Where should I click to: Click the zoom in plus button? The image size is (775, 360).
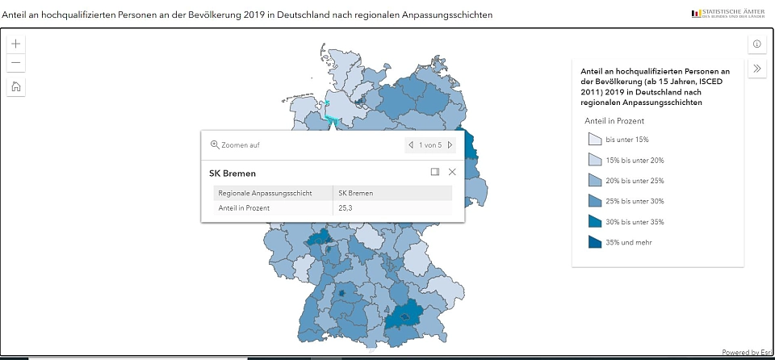point(17,44)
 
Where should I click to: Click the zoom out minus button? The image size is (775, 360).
point(17,63)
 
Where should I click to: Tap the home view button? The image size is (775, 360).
point(17,87)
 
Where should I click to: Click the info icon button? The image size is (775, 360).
point(756,44)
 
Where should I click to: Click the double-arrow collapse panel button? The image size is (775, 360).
point(756,69)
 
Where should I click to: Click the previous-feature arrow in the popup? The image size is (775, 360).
point(411,145)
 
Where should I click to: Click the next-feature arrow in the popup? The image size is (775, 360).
point(450,145)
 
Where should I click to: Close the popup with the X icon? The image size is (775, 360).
point(452,172)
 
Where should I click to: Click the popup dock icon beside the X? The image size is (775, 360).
point(434,172)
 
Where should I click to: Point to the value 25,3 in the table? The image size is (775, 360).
point(346,207)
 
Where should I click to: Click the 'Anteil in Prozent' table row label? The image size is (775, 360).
point(244,207)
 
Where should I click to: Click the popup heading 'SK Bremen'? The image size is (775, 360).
point(232,173)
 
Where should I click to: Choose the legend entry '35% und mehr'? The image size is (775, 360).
point(628,242)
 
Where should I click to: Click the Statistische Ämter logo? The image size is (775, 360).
point(727,14)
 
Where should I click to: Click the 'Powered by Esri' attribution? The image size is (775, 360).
point(747,352)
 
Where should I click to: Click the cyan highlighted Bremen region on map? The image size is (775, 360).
point(332,112)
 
